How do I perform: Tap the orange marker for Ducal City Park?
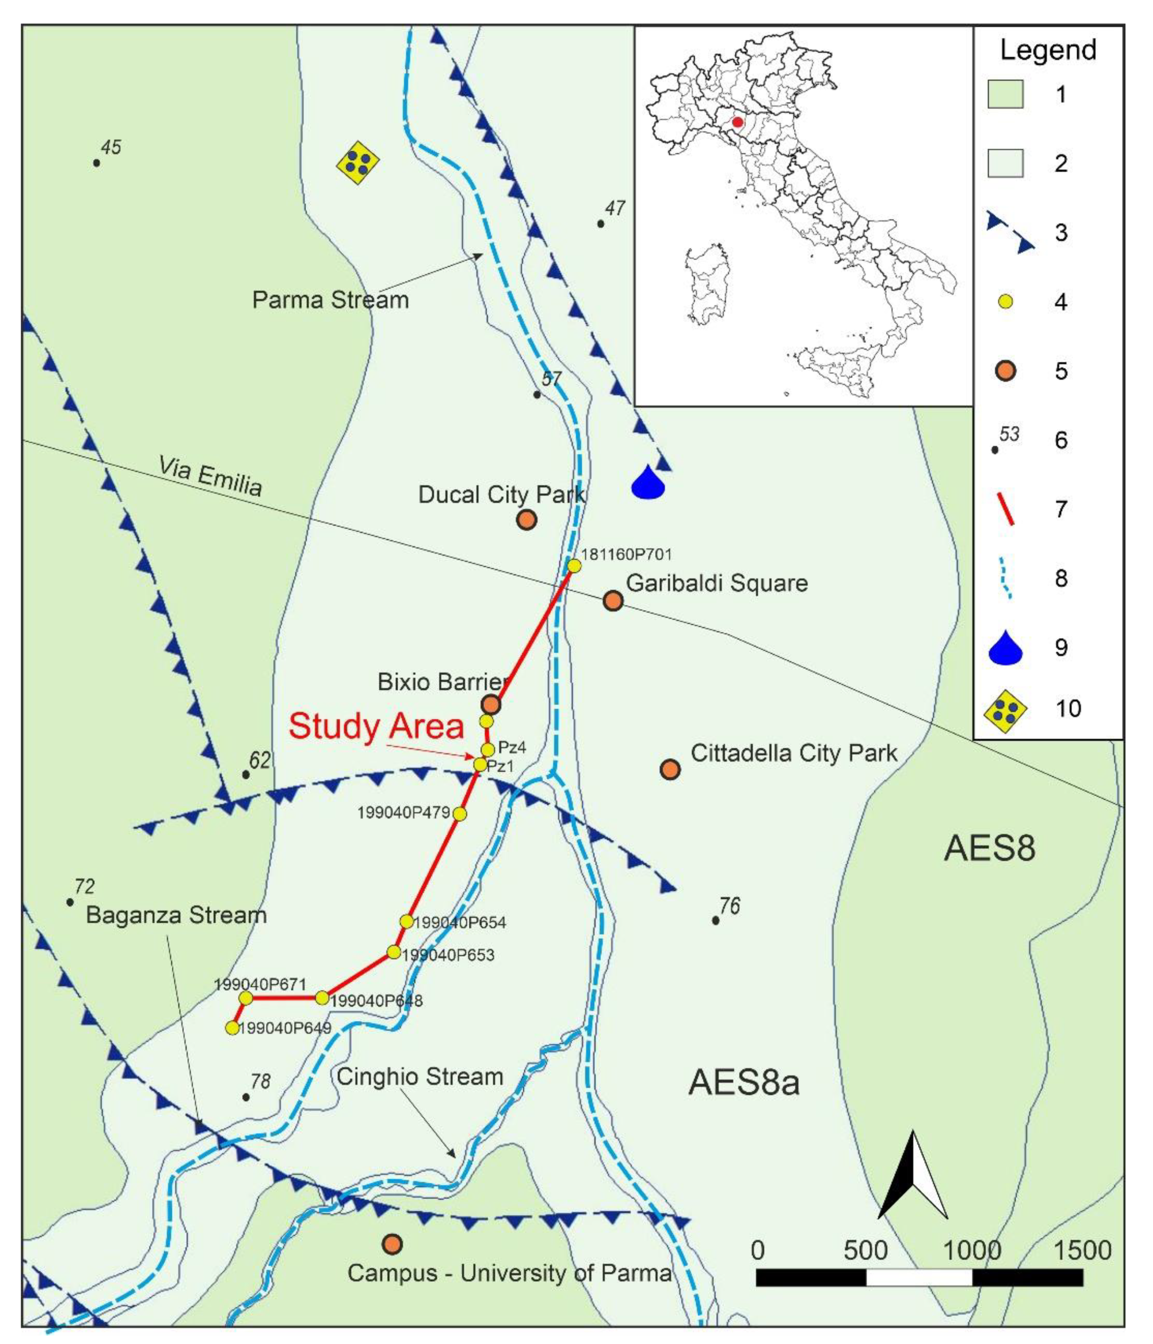click(526, 519)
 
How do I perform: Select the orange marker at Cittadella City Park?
click(670, 769)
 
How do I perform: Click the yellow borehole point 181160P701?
click(574, 566)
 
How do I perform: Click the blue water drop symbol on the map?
click(648, 483)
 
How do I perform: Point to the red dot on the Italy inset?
click(737, 122)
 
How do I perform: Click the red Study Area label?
click(376, 726)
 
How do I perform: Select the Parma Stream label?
click(330, 300)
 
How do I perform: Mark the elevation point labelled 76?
click(716, 920)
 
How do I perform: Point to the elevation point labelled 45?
click(97, 163)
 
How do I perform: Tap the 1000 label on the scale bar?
click(971, 1250)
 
